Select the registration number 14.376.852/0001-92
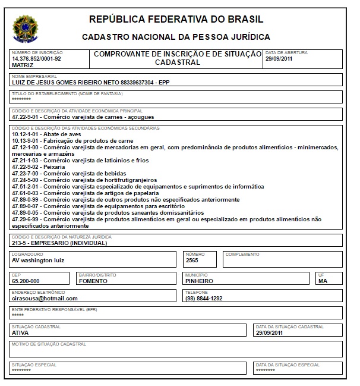36,59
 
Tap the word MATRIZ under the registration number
23,65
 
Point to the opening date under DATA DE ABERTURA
279,59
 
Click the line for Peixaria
43,167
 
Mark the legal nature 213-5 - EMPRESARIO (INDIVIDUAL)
59,243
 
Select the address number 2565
192,260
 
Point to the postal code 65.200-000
26,281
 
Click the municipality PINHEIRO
200,281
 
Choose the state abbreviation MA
323,281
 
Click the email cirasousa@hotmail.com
45,298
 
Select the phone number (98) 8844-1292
204,298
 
